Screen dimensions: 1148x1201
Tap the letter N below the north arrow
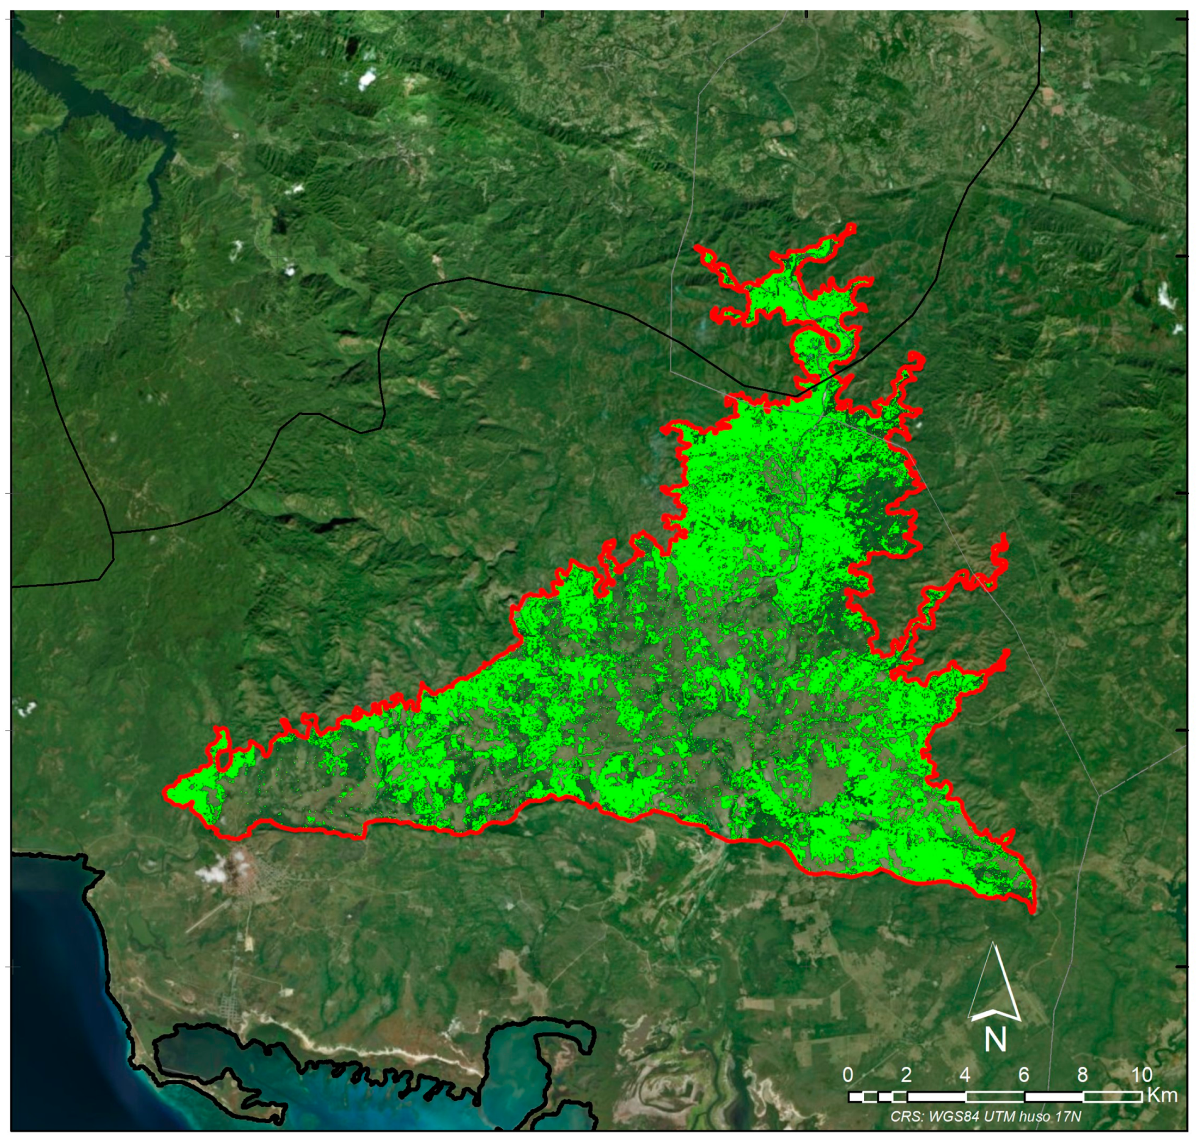pyautogui.click(x=995, y=1040)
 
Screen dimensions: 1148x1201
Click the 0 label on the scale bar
pyautogui.click(x=848, y=1075)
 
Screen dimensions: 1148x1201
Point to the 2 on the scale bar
pyautogui.click(x=906, y=1075)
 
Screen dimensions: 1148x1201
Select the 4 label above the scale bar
pyautogui.click(x=965, y=1075)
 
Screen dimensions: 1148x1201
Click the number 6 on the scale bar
pyautogui.click(x=1023, y=1075)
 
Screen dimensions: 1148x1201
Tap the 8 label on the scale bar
pyautogui.click(x=1083, y=1075)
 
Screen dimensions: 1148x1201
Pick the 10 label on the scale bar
pyautogui.click(x=1141, y=1075)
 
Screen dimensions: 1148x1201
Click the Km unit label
pyautogui.click(x=1162, y=1095)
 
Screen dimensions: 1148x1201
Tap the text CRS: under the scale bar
pyautogui.click(x=906, y=1116)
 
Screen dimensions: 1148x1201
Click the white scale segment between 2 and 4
pyautogui.click(x=936, y=1096)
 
